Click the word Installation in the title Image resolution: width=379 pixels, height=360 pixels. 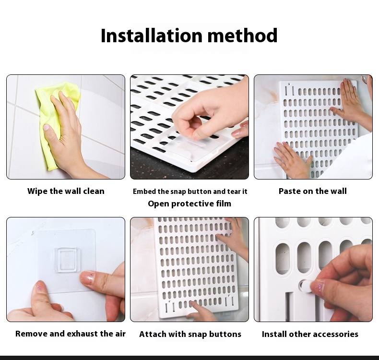[151, 36]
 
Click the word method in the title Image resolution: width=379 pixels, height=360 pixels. [242, 36]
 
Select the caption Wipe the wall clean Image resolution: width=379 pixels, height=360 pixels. [66, 191]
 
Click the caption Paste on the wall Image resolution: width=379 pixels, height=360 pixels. [312, 191]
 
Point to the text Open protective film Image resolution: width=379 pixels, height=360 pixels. [189, 204]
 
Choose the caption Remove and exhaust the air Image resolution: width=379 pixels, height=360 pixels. [71, 334]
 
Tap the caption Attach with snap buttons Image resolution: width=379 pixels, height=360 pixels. [190, 334]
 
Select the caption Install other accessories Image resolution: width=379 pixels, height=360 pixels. [310, 334]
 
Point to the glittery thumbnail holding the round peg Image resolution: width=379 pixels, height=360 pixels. [318, 286]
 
